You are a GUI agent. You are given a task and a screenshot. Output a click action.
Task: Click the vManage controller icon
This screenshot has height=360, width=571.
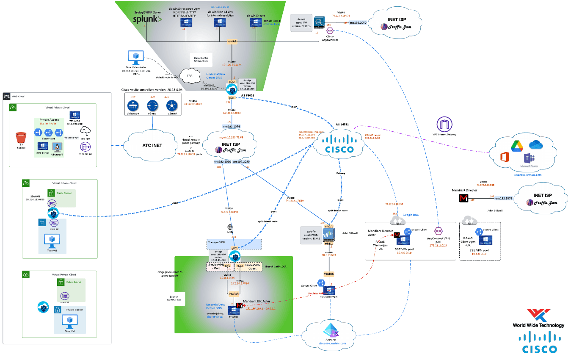[x=132, y=105]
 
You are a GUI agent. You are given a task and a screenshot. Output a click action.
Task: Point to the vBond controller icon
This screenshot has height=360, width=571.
[x=152, y=105]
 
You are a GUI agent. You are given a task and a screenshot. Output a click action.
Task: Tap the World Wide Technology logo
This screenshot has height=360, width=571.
[x=538, y=318]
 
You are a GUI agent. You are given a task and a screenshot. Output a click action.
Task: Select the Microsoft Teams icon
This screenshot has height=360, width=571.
[x=528, y=160]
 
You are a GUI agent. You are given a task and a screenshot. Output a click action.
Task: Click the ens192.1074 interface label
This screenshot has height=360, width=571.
[x=231, y=127]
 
